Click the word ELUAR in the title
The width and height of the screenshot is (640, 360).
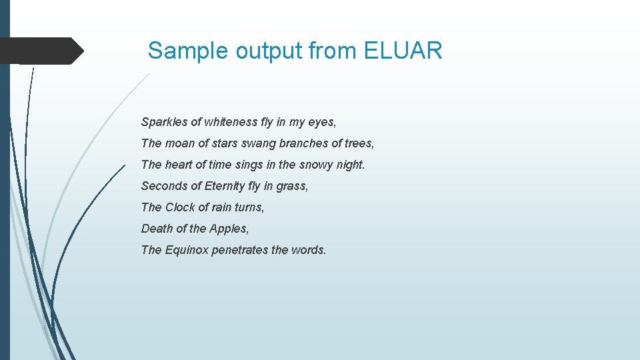tap(403, 51)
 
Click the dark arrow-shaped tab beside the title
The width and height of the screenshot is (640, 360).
tap(41, 51)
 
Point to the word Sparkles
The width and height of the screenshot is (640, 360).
tap(164, 122)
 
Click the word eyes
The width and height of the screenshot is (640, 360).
tap(321, 123)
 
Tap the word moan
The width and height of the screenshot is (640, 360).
tap(179, 143)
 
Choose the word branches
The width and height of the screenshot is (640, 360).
tap(303, 143)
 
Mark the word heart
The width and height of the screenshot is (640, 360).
tap(178, 165)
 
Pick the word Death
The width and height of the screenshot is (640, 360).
tap(157, 229)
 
